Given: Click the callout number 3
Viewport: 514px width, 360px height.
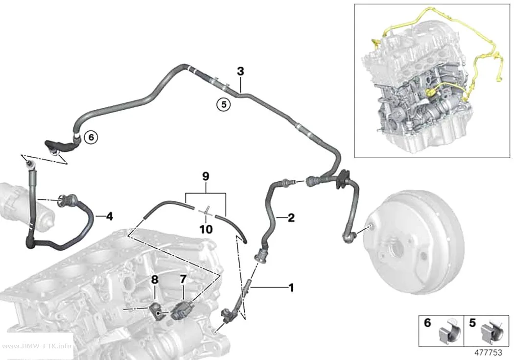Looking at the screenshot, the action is [241, 71].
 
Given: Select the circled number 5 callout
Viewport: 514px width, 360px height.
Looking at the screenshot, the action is [224, 105].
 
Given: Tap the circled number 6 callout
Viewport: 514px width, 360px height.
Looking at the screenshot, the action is [91, 137].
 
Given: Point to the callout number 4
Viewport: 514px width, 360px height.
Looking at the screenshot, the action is [109, 216].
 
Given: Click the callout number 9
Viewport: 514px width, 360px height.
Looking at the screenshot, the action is [206, 177].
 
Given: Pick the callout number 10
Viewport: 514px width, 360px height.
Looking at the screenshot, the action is [206, 229].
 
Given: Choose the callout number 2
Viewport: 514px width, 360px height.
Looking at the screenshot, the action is [291, 217].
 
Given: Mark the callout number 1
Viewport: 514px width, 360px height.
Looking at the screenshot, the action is [291, 288].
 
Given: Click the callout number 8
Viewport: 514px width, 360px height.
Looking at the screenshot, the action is [155, 280].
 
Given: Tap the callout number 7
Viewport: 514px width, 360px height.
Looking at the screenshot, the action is [183, 279].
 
